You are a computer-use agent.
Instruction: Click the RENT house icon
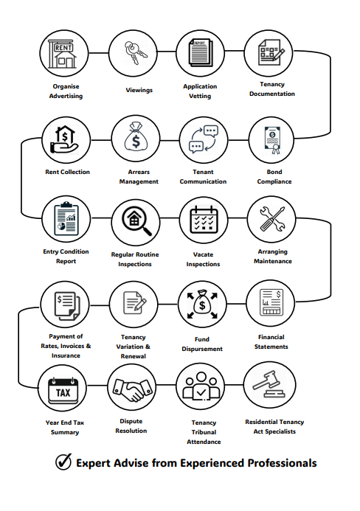click(63, 55)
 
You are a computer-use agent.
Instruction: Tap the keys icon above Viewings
click(134, 52)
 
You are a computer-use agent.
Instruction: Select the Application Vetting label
click(200, 91)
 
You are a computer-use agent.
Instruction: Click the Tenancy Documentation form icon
click(271, 52)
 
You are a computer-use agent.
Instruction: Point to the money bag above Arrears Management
click(136, 137)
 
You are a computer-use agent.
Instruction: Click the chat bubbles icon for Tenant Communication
click(204, 139)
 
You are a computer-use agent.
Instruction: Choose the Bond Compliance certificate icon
click(272, 140)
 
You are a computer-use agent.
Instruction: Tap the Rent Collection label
click(68, 172)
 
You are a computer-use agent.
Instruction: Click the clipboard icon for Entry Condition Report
click(66, 218)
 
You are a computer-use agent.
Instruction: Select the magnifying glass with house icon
click(136, 221)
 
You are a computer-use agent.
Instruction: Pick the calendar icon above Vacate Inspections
click(204, 220)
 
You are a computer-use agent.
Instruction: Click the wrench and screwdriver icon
click(272, 219)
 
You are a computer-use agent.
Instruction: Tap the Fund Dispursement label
click(202, 344)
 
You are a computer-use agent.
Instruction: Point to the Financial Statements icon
click(271, 302)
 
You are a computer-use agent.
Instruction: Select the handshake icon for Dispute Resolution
click(132, 388)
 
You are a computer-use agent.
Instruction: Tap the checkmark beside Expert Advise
click(63, 462)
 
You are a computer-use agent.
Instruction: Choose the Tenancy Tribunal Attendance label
click(204, 432)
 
